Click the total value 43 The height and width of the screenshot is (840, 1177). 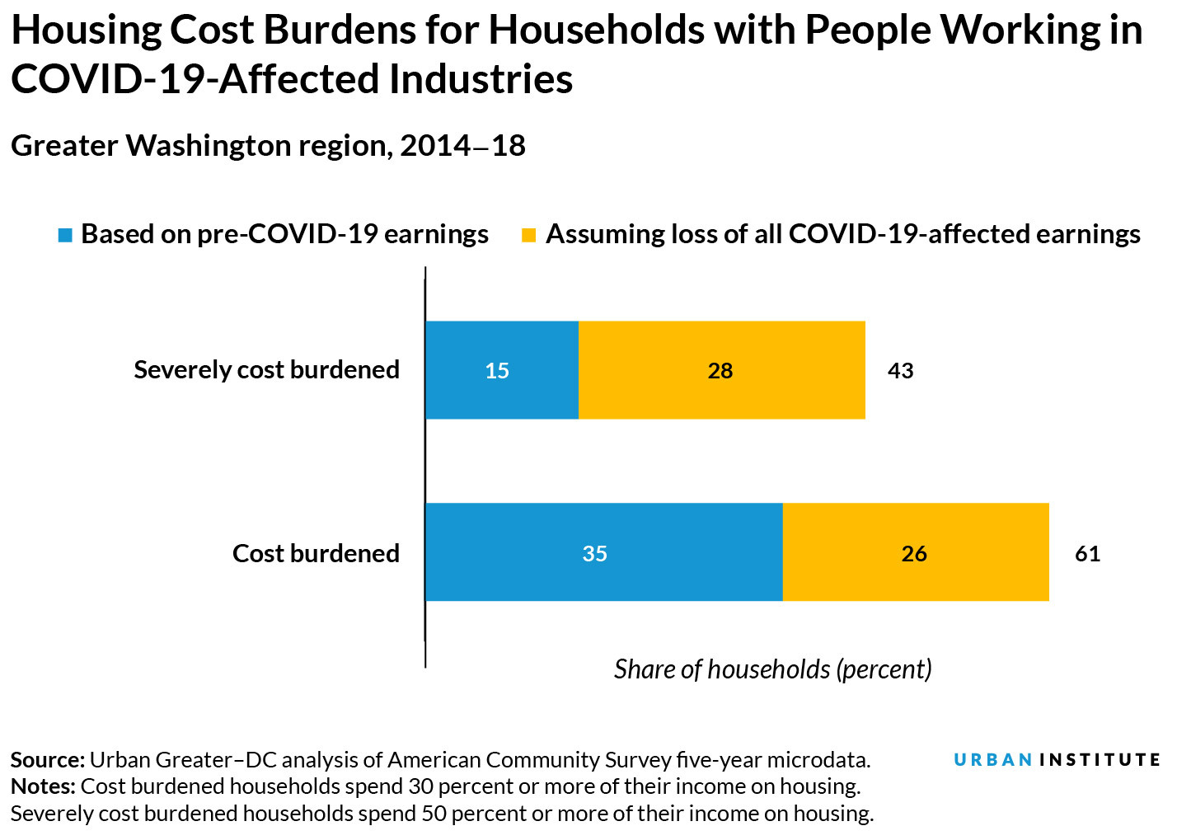click(x=900, y=371)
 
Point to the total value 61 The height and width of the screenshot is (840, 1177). click(x=1087, y=553)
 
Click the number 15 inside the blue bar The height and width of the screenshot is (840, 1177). click(x=497, y=371)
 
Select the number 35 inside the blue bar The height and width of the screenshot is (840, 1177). click(x=594, y=553)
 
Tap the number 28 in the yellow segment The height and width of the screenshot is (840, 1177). click(x=720, y=371)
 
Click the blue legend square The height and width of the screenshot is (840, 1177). click(x=65, y=236)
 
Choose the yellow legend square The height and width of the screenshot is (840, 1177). click(x=529, y=236)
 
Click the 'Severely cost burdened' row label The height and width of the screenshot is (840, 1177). click(x=266, y=369)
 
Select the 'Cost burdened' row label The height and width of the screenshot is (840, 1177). click(x=316, y=553)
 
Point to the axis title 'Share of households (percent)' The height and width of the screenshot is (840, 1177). click(x=772, y=669)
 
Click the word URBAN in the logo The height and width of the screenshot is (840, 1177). click(x=993, y=759)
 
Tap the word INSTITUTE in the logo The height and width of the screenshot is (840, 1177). click(x=1100, y=759)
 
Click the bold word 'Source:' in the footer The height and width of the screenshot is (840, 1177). click(x=47, y=759)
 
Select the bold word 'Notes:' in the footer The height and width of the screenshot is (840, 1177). click(x=43, y=786)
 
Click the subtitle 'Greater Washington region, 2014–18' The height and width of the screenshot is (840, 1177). click(x=268, y=146)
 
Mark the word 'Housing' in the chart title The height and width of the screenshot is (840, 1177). click(x=87, y=31)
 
